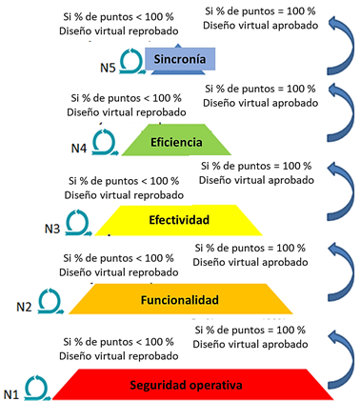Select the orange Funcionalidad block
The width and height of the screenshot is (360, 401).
tap(180, 299)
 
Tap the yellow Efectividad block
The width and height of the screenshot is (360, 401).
tap(179, 220)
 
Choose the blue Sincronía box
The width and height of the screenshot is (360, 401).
tap(180, 59)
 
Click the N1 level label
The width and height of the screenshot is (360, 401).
tap(11, 394)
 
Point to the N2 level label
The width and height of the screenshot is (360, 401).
tap(24, 307)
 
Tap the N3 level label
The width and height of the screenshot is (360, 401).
tap(52, 229)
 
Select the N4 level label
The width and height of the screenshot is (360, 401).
tap(79, 148)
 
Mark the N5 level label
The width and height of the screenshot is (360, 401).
tap(108, 68)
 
